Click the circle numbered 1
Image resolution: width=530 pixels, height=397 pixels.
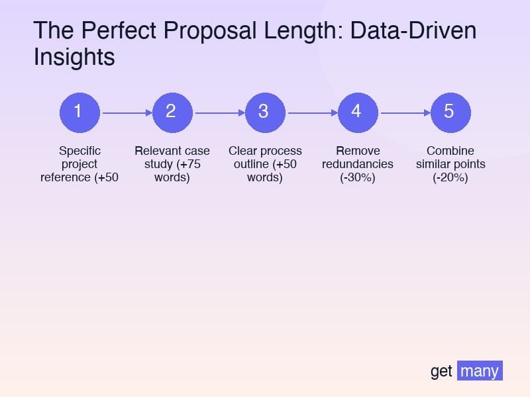coord(79,112)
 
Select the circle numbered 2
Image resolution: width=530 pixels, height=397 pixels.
coord(172,112)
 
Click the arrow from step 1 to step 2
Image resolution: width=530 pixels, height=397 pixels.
coord(126,112)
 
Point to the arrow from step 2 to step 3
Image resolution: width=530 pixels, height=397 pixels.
coord(219,112)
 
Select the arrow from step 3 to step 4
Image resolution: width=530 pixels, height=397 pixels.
coord(311,112)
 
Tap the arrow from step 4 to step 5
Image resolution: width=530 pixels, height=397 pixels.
coord(404,112)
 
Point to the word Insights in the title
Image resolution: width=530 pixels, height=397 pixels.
coord(74,58)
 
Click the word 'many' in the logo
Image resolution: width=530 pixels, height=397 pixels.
coord(480,371)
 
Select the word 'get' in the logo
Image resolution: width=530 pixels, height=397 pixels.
coord(441,372)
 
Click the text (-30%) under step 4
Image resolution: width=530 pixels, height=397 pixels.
coord(358,177)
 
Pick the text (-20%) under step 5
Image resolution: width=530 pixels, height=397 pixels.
coord(450,177)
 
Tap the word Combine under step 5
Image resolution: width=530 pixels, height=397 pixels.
coord(450,151)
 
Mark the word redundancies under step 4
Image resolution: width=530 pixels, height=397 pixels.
coord(358,164)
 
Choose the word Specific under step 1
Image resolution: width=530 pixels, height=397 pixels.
coord(79,151)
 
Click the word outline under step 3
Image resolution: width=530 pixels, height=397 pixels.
coord(250,164)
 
